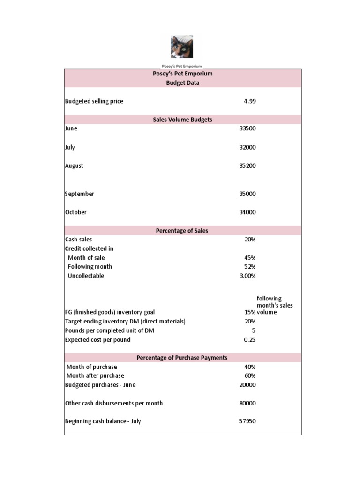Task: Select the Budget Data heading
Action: click(182, 83)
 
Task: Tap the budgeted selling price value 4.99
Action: click(250, 101)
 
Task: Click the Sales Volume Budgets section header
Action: click(182, 120)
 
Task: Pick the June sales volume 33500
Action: click(247, 129)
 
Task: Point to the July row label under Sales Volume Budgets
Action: click(70, 147)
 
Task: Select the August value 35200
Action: click(247, 166)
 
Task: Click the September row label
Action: click(80, 194)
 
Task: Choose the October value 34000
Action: click(247, 212)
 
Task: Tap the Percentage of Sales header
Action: click(182, 231)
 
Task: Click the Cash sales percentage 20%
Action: click(250, 240)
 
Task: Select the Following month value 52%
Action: click(250, 267)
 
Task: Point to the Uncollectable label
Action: click(86, 276)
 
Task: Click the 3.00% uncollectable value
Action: click(247, 276)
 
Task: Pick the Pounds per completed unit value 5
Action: click(253, 330)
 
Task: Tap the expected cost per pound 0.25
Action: click(250, 340)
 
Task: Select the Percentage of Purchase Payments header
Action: click(182, 358)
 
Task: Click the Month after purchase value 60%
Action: click(250, 376)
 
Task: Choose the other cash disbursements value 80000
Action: click(247, 403)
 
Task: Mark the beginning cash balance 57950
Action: click(247, 421)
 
